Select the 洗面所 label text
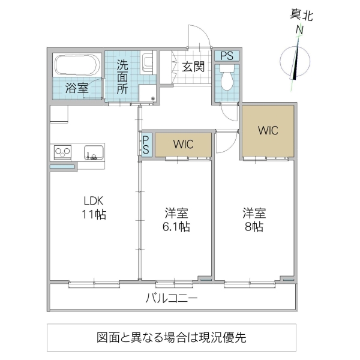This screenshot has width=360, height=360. tap(122, 76)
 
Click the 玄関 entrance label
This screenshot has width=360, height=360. tap(193, 67)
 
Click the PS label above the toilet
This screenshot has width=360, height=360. tap(227, 56)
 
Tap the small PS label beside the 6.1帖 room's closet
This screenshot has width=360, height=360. tap(146, 145)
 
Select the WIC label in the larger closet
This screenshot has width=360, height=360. tap(268, 130)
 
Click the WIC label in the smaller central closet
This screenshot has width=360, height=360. tap(183, 145)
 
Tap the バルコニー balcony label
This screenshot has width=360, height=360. tap(172, 298)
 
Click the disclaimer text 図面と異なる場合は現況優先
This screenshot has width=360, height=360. tap(171, 337)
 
